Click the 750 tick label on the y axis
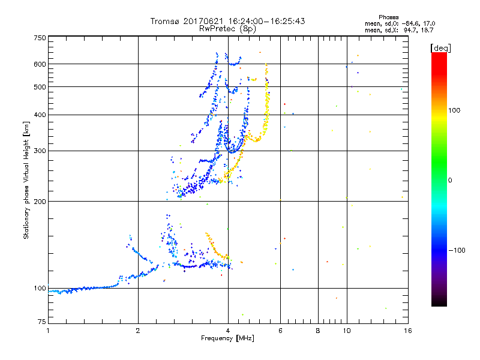click(40, 38)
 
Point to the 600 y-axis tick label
click(40, 64)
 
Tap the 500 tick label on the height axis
click(40, 86)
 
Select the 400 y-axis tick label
click(40, 115)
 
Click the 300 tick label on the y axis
click(40, 151)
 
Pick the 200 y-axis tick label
click(40, 201)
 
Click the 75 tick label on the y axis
click(41, 323)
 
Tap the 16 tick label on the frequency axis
click(407, 331)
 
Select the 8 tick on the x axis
click(318, 331)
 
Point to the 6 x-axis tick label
click(280, 331)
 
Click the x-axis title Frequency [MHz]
click(227, 339)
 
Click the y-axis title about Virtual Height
click(26, 181)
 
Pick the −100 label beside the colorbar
click(457, 250)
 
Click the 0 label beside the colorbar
click(450, 180)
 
